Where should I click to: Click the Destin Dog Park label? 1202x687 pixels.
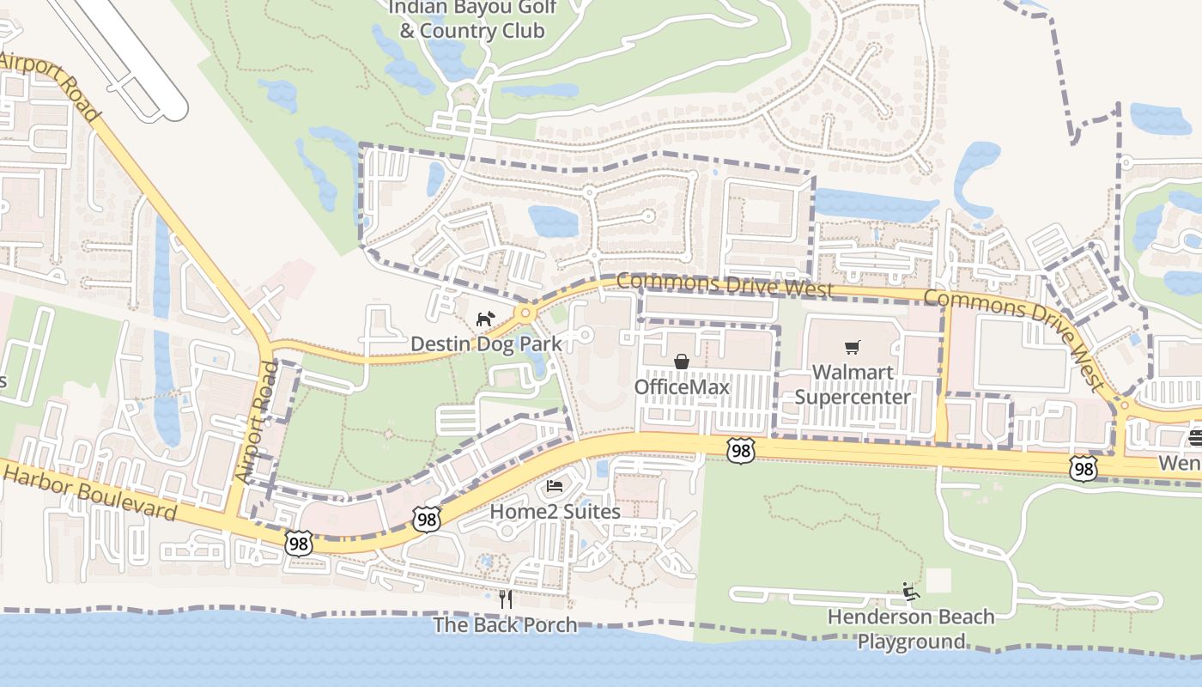pos(486,344)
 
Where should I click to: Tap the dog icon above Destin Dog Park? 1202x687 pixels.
pos(486,319)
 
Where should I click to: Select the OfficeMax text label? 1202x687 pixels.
pos(682,387)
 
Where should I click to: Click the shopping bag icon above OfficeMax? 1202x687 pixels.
pos(682,362)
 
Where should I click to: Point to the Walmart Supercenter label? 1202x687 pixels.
pos(852,385)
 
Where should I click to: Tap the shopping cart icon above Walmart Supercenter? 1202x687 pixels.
pos(852,347)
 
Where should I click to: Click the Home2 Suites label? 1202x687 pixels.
pos(555,512)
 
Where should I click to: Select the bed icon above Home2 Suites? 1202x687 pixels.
pos(555,487)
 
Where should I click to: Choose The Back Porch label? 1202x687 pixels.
pos(505,624)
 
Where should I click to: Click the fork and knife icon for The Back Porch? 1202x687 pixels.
pos(506,599)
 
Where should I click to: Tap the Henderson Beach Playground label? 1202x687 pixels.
pos(911,629)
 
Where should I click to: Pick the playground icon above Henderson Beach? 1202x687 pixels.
pos(910,592)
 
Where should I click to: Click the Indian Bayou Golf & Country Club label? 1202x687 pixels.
pos(473,19)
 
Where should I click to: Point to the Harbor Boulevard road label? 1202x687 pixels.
pos(90,490)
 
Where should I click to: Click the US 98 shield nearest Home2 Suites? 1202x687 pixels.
pos(426,518)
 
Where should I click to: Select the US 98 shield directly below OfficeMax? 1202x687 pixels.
pos(739,450)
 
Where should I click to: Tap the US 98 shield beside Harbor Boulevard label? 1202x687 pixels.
pos(298,543)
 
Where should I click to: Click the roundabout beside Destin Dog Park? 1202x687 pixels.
pos(525,313)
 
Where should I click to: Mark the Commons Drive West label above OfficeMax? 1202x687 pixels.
pos(725,284)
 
